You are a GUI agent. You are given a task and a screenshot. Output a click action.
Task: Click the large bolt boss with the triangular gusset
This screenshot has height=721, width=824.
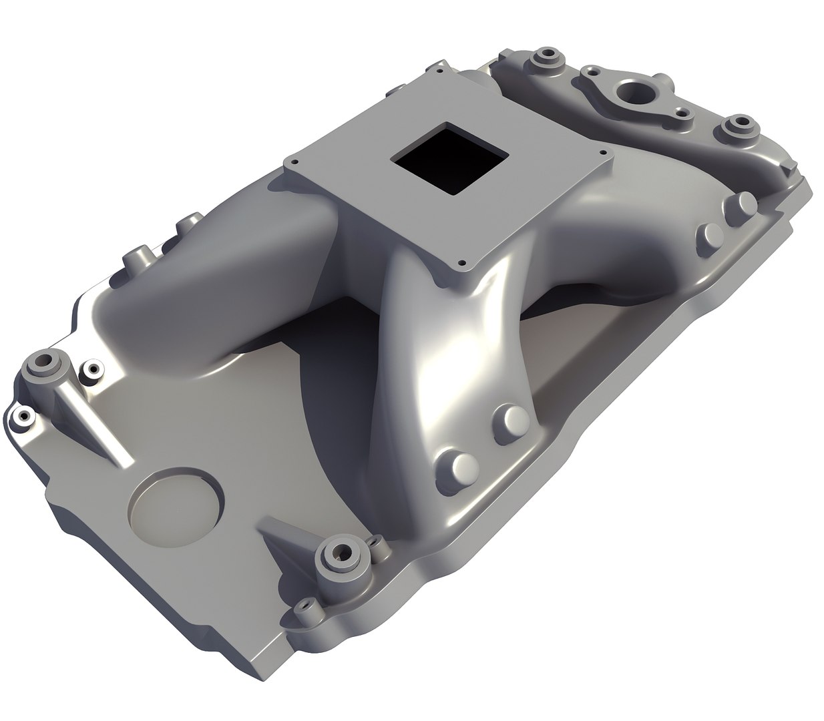click(343, 553)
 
